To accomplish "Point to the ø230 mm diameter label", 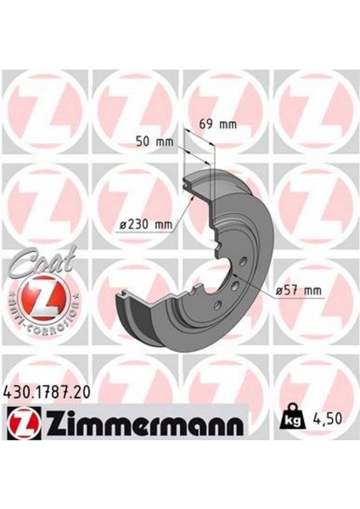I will pyautogui.click(x=146, y=225).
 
